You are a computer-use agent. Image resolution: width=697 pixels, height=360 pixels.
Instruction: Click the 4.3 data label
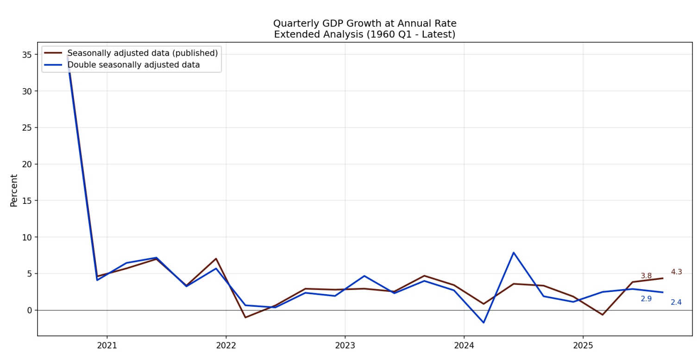(x=676, y=272)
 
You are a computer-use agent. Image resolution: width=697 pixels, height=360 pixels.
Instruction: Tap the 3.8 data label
(x=646, y=276)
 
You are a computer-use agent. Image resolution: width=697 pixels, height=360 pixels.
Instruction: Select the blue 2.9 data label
(x=646, y=299)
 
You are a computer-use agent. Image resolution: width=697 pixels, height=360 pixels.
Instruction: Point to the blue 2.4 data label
(x=676, y=302)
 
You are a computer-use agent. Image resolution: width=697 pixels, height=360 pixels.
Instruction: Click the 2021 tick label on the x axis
(x=107, y=345)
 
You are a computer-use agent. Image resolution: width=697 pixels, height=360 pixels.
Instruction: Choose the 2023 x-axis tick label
(x=345, y=345)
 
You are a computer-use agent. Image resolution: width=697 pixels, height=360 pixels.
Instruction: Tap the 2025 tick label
(x=583, y=345)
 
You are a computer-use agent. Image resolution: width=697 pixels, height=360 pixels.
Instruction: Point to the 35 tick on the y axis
(x=26, y=55)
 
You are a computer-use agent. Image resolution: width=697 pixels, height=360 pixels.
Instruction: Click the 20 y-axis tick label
(x=26, y=164)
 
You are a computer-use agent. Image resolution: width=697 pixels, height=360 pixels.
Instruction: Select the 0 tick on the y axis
(x=29, y=310)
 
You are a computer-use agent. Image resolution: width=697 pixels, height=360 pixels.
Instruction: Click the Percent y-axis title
(x=14, y=190)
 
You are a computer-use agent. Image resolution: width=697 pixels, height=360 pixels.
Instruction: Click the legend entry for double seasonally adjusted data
(x=133, y=65)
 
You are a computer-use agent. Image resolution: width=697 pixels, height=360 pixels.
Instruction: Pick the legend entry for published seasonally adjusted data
(x=142, y=53)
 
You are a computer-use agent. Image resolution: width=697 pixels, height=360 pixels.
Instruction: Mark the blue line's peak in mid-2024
(x=513, y=253)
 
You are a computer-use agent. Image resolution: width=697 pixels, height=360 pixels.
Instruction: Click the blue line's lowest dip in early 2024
(x=484, y=322)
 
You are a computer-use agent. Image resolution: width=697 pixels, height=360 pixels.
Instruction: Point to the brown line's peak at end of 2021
(x=216, y=259)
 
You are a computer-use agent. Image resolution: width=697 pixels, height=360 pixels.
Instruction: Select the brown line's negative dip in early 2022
(x=245, y=317)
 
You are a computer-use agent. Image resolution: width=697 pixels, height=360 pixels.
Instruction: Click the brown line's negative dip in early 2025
(x=603, y=315)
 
